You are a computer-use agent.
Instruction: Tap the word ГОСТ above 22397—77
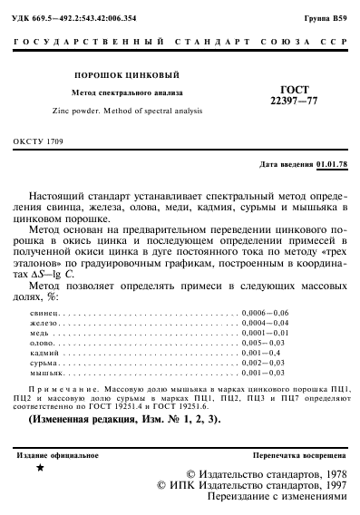click(x=296, y=89)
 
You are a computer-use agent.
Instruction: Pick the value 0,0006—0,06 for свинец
click(x=265, y=311)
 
